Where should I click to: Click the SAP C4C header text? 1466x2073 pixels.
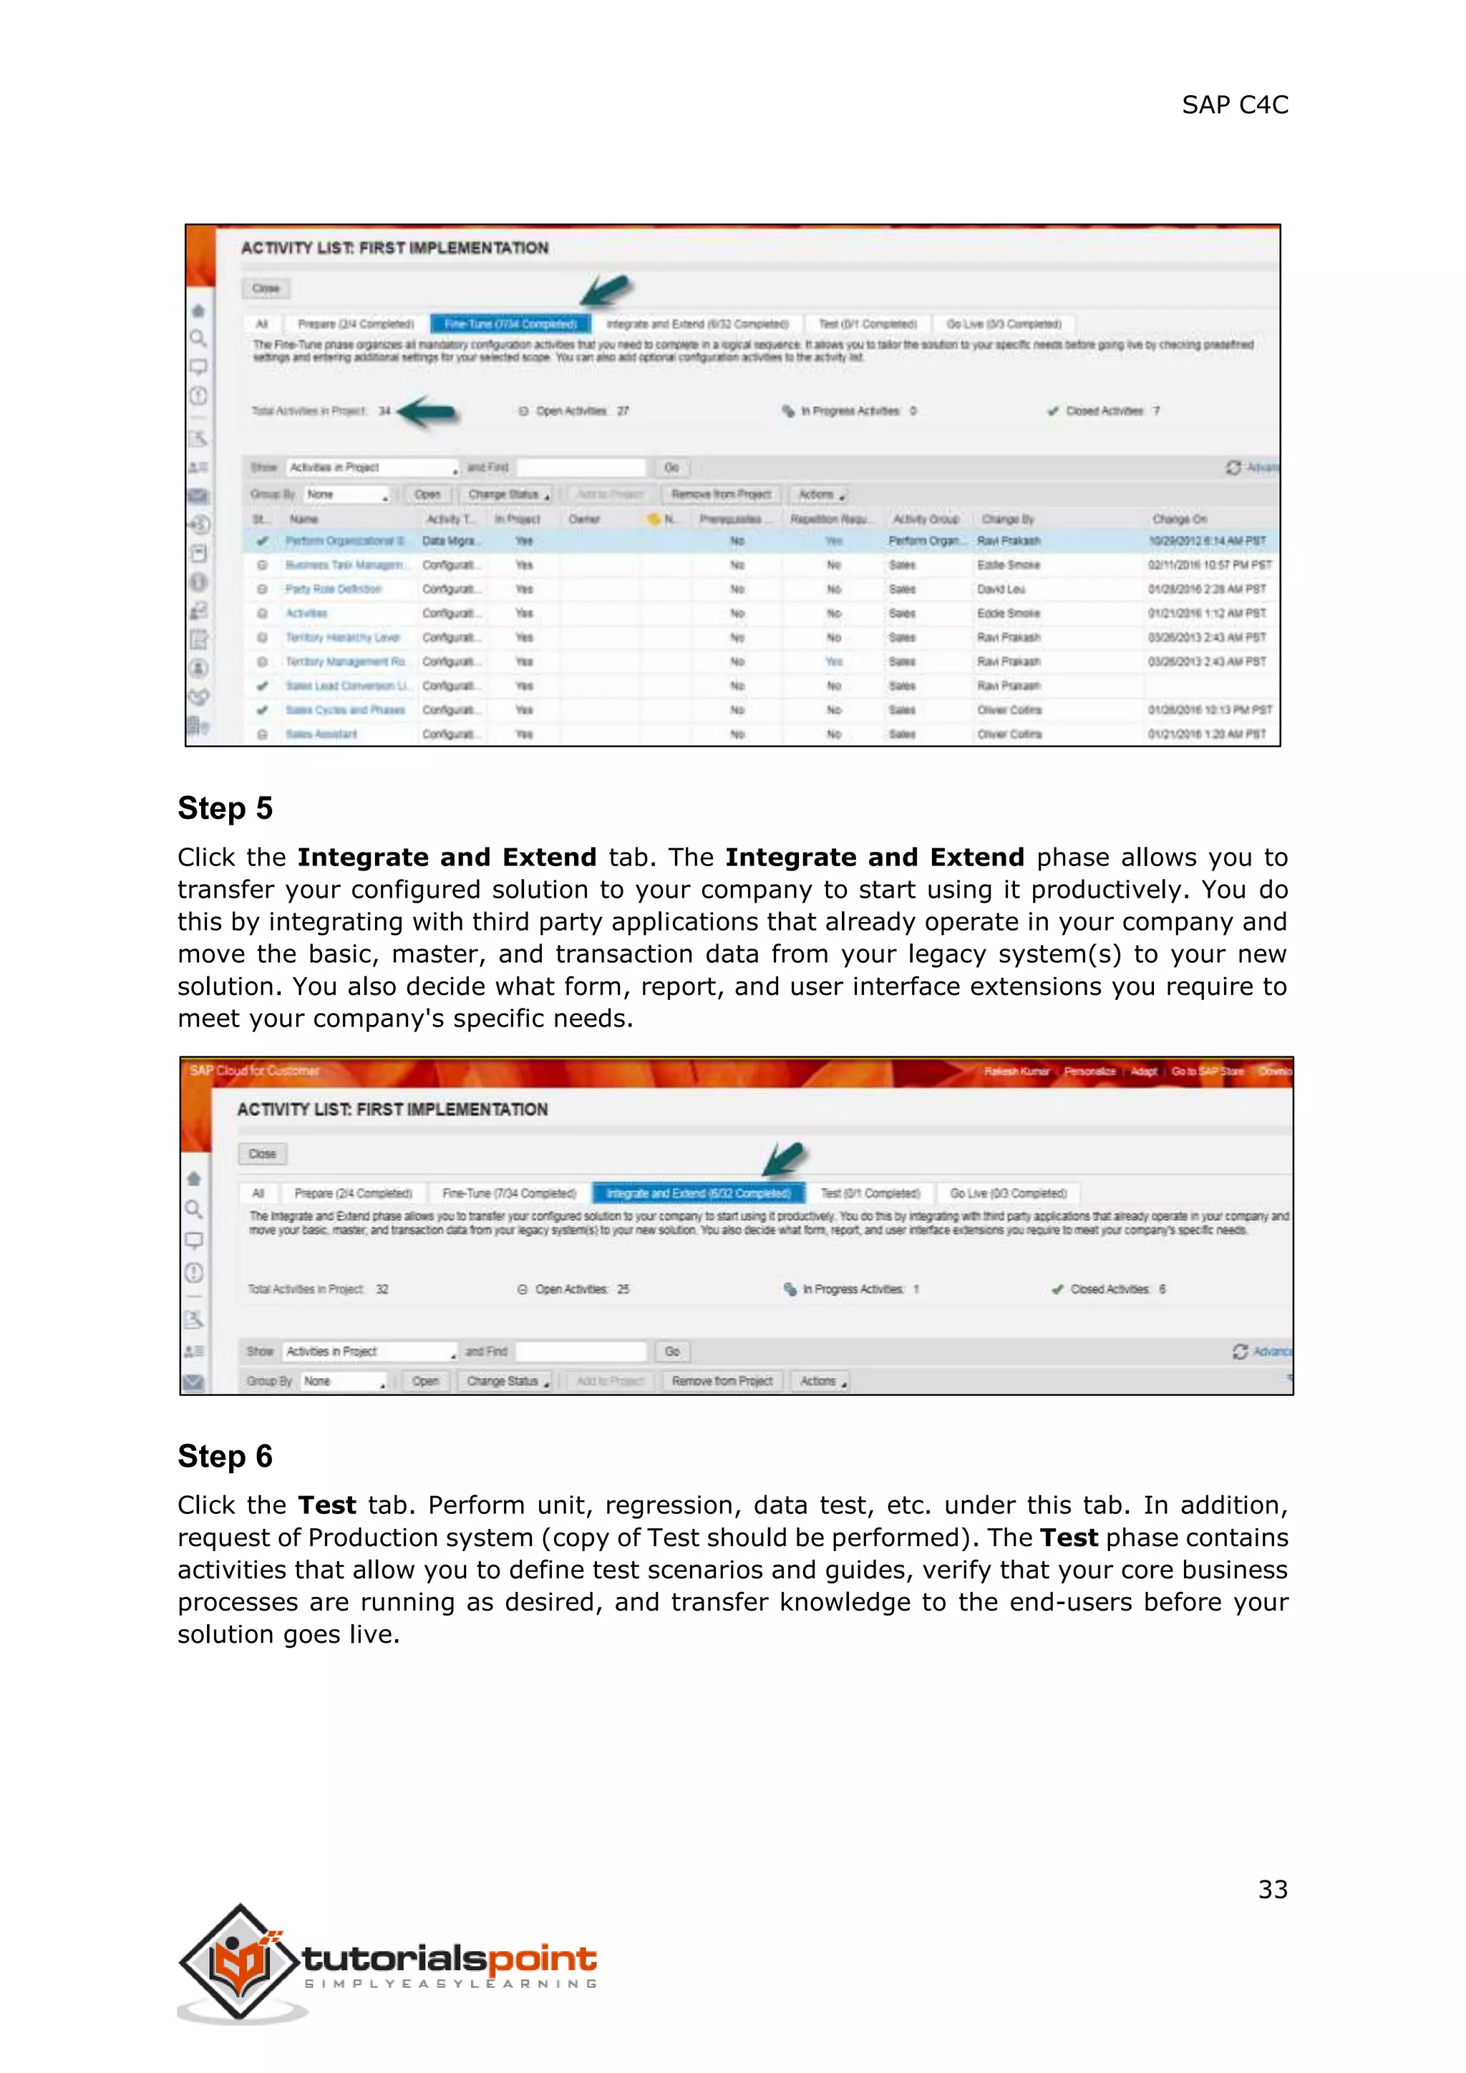click(1234, 105)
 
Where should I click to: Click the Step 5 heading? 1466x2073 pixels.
click(225, 808)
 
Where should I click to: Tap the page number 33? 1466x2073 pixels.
click(1272, 1889)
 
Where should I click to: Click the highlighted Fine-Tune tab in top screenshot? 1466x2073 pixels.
click(510, 324)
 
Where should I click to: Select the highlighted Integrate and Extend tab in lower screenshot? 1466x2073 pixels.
click(698, 1193)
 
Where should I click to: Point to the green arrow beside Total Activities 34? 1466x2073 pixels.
click(429, 412)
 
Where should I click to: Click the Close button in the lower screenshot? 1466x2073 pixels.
click(263, 1154)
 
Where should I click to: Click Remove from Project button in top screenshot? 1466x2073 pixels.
click(720, 495)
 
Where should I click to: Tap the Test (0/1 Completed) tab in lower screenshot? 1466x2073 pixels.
click(869, 1193)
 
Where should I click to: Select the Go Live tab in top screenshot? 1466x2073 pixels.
click(1003, 324)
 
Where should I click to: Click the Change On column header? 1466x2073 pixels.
click(1179, 519)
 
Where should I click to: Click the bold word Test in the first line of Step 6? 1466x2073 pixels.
click(327, 1505)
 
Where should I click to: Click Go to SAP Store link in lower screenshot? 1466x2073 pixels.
click(1207, 1072)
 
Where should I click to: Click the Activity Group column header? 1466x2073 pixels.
click(926, 519)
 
